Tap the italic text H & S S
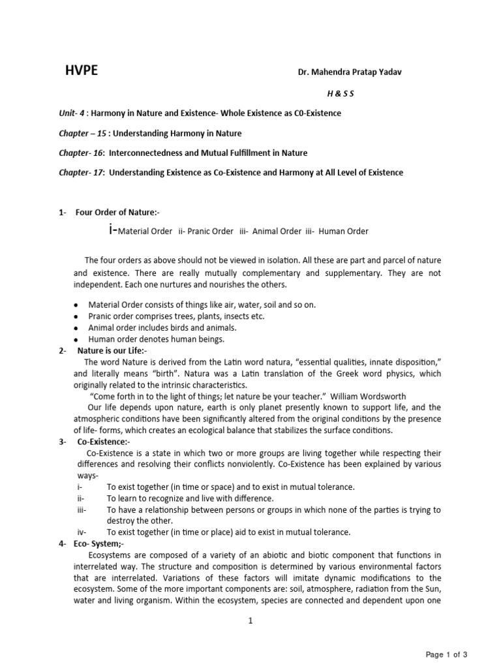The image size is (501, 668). [x=341, y=94]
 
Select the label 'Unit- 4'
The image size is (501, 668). [x=72, y=114]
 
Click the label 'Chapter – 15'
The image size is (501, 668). [x=82, y=134]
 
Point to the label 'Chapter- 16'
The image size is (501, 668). [x=81, y=153]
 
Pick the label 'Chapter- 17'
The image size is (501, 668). [x=81, y=173]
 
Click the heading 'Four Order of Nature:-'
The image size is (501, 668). [x=116, y=212]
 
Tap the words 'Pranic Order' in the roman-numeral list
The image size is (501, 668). [x=210, y=232]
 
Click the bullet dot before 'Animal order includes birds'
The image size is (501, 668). [x=76, y=328]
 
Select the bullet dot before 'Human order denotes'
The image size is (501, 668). [x=76, y=340]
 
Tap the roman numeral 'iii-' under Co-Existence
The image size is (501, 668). [x=82, y=509]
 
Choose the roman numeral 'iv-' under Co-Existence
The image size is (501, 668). [x=82, y=532]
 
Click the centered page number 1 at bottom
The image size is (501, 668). [x=250, y=621]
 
